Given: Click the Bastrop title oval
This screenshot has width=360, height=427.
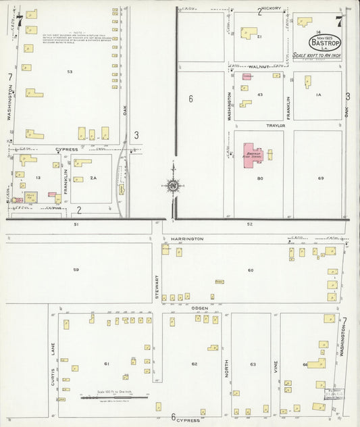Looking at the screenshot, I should point(324,43).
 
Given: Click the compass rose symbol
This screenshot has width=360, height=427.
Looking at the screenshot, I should point(173,185).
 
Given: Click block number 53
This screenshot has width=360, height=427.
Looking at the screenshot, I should point(70,71).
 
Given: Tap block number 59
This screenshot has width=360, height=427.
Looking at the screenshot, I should point(76,270).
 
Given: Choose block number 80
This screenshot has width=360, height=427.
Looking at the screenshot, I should point(259,178).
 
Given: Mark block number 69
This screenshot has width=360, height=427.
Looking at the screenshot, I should point(321,178).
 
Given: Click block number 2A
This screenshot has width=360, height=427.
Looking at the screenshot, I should point(94,178).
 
